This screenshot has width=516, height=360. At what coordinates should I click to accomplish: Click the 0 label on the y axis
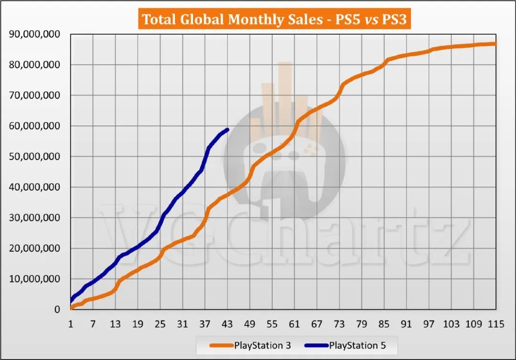click(57, 310)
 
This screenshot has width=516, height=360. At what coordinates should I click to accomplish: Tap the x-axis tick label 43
click(227, 325)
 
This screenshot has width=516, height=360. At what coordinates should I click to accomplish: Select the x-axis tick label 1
click(71, 325)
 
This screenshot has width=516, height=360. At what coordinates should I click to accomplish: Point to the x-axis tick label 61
click(294, 325)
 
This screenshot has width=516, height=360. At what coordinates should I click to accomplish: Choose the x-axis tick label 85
click(384, 325)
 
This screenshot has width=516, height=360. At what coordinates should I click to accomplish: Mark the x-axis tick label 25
click(160, 325)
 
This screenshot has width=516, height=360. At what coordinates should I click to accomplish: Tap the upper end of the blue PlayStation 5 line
click(227, 129)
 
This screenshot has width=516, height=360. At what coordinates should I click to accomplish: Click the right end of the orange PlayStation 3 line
click(495, 44)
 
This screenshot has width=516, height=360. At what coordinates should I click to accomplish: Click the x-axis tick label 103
click(451, 325)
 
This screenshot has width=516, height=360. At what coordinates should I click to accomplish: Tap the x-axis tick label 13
click(115, 325)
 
